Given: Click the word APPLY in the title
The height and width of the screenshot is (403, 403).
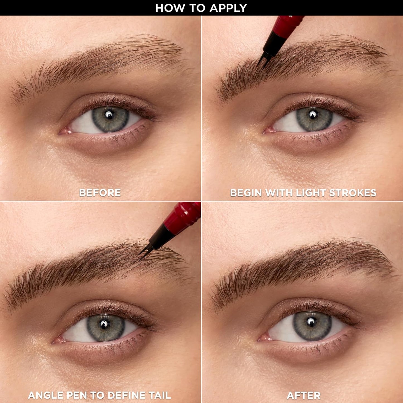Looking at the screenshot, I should click(228, 8).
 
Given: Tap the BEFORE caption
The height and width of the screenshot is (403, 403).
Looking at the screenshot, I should click(100, 192).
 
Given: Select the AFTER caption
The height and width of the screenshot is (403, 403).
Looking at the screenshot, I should click(303, 395).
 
